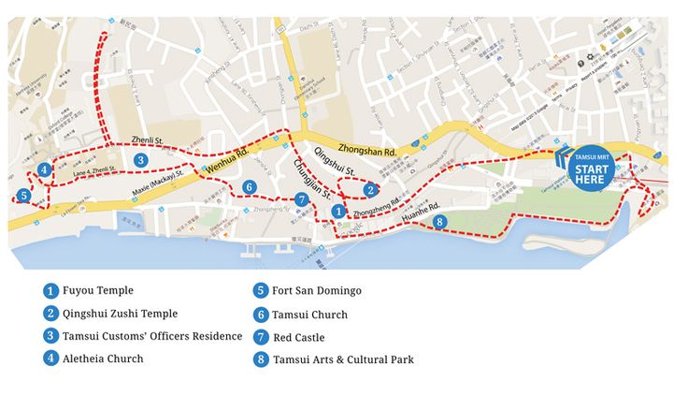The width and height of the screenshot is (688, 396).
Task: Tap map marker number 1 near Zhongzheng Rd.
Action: tap(338, 213)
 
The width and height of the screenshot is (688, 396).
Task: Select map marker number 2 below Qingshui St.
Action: tap(370, 189)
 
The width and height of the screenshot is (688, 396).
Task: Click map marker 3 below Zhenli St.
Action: tap(140, 160)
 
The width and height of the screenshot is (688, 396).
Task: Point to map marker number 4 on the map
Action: tap(45, 169)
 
